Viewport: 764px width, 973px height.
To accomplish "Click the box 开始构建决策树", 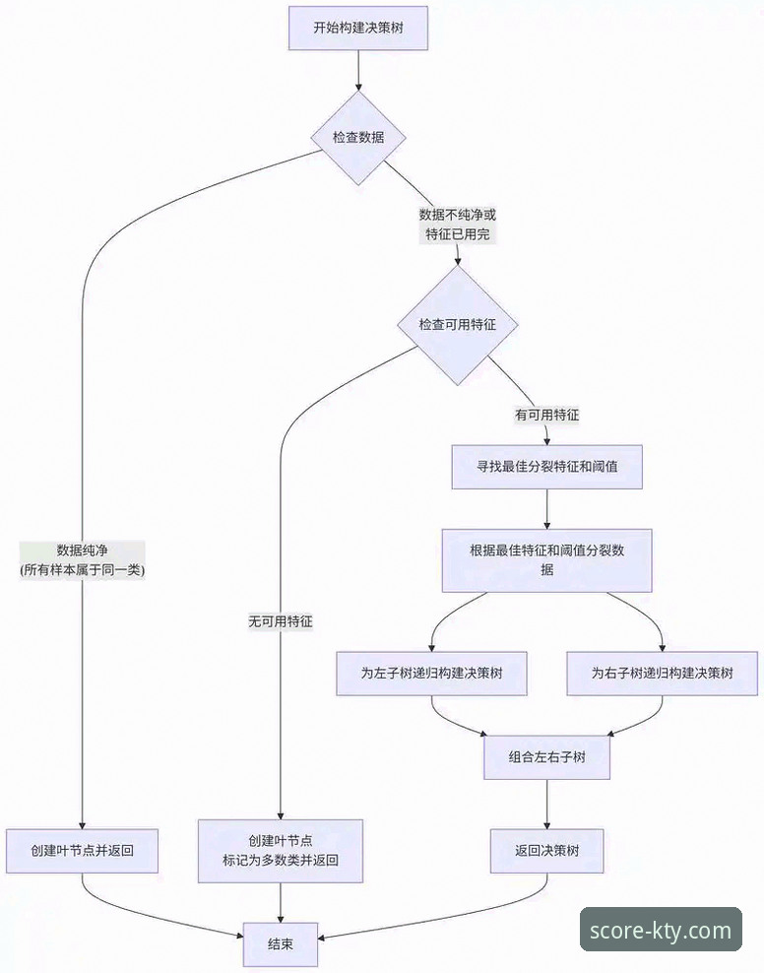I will (357, 28).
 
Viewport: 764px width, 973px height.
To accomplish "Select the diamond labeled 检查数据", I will (357, 137).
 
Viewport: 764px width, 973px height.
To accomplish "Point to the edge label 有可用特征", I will (546, 416).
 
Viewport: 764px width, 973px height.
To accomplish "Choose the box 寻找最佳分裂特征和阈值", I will (546, 467).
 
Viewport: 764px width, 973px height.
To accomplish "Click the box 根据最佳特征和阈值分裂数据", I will (546, 561).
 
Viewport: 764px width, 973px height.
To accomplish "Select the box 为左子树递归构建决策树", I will (432, 675).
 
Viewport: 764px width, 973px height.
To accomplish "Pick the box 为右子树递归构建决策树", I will (662, 675).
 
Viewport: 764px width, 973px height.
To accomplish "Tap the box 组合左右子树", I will (546, 757).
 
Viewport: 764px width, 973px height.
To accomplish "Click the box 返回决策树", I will (546, 850).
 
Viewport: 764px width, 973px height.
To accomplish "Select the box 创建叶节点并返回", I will (82, 850).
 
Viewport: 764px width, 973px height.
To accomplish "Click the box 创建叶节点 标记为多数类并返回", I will (281, 850).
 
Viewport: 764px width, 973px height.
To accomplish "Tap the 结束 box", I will (281, 943).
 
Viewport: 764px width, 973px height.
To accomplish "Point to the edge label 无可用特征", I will (281, 621).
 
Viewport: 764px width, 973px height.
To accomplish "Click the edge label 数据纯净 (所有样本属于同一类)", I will (82, 559).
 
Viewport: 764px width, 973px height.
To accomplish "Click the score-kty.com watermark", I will (661, 929).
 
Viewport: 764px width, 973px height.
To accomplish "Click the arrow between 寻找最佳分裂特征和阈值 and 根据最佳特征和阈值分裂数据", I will (546, 510).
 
